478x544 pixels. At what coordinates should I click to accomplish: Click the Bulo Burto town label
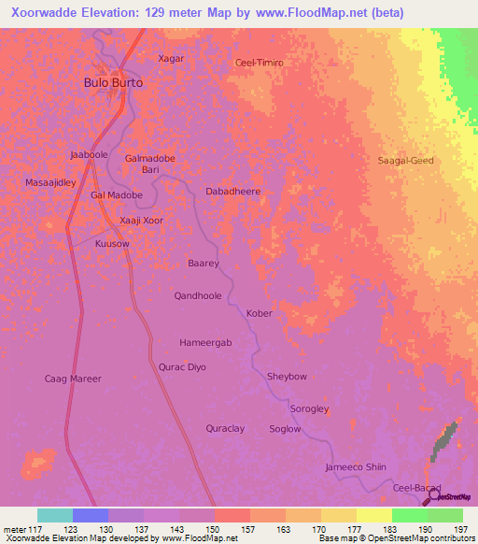[114, 82]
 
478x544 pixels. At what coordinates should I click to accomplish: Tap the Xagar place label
[171, 58]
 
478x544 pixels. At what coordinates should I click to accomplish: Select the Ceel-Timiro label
[259, 62]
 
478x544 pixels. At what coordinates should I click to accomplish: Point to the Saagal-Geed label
[405, 161]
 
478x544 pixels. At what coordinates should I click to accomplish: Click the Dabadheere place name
[232, 191]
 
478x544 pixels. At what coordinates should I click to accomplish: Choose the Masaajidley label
[50, 182]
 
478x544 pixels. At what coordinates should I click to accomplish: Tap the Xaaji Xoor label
[143, 221]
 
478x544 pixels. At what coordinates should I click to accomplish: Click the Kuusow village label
[112, 243]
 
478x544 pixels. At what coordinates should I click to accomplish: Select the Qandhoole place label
[198, 295]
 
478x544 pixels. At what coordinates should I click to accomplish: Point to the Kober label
[259, 314]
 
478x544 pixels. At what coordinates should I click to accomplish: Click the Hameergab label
[205, 343]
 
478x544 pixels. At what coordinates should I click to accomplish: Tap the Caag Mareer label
[73, 379]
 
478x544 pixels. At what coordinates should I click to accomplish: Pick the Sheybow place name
[287, 377]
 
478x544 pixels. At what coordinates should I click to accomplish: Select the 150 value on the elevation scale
[214, 530]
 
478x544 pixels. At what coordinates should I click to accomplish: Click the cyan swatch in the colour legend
[54, 515]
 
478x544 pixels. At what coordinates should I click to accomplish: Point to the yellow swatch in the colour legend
[373, 515]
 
